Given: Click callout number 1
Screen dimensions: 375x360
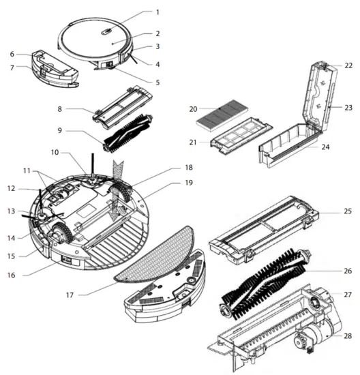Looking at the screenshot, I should click(x=157, y=12).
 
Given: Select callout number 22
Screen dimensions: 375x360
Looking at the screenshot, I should click(x=348, y=65).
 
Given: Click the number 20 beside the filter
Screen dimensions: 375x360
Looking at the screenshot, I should click(x=193, y=108).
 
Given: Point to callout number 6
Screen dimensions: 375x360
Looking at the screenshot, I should click(x=12, y=54).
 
